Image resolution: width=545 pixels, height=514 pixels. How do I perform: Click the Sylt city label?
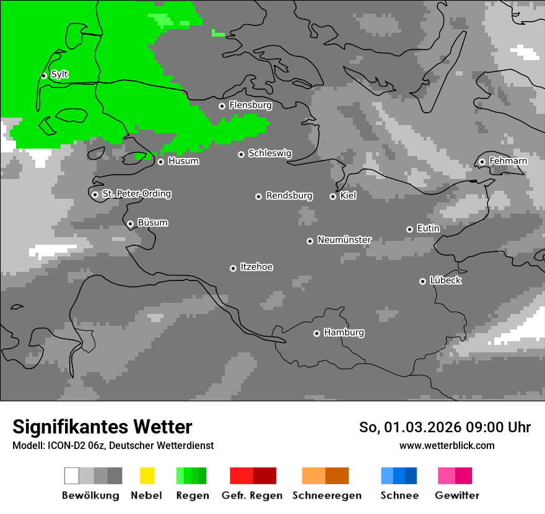(59, 75)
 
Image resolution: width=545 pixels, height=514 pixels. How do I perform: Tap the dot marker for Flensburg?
(222, 106)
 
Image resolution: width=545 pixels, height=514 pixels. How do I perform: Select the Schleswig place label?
(269, 154)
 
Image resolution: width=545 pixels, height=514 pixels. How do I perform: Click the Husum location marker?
(160, 162)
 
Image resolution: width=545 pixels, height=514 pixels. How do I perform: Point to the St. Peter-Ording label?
(136, 194)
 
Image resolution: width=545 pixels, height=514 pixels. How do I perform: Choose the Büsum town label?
(152, 223)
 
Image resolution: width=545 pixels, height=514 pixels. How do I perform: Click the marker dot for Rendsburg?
(258, 196)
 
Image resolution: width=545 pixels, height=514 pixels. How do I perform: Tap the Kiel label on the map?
(348, 196)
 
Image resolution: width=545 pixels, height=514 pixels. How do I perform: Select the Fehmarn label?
(508, 161)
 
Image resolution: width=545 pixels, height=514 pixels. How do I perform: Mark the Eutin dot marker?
(409, 229)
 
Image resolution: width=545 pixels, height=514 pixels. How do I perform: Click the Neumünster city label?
(344, 240)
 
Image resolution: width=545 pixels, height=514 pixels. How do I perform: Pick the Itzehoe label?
(256, 267)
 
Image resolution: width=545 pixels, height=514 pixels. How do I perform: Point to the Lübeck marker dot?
(422, 281)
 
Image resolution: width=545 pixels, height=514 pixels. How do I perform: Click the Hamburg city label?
(344, 333)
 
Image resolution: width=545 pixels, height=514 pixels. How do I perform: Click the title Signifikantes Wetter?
(102, 427)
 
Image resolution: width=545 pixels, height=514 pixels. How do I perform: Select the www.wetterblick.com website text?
(447, 445)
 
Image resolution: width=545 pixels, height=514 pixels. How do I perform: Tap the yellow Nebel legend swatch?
(147, 476)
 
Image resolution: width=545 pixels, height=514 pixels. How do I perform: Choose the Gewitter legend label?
(456, 495)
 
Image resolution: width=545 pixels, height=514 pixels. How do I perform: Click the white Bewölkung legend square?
(72, 476)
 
